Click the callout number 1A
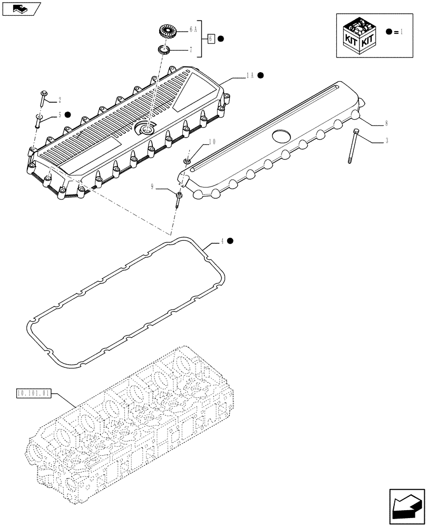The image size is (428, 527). click(250, 76)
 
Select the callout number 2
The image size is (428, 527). click(60, 100)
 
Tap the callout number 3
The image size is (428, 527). click(386, 141)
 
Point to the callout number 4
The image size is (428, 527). click(222, 241)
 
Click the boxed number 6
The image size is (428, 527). click(210, 38)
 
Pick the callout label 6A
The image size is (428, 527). click(193, 30)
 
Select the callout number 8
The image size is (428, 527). click(386, 123)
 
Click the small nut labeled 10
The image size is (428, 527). click(187, 161)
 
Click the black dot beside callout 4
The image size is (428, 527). click(231, 241)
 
